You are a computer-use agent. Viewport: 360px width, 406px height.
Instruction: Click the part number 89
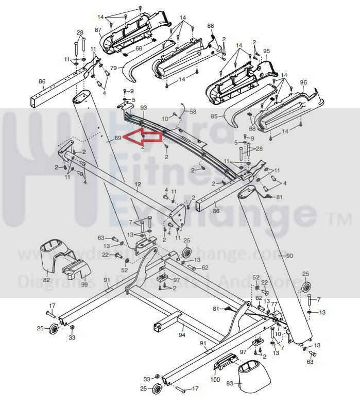pyautogui.click(x=117, y=138)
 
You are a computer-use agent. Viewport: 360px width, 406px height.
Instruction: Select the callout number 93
pyautogui.click(x=144, y=107)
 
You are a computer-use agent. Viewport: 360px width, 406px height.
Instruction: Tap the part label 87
pyautogui.click(x=98, y=30)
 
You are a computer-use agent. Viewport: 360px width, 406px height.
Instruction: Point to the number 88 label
pyautogui.click(x=210, y=25)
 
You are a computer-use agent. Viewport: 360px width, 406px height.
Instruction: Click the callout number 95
pyautogui.click(x=266, y=51)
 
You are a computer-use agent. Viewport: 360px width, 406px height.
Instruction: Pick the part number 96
pyautogui.click(x=303, y=82)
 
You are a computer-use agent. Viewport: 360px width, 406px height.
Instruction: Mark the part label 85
pyautogui.click(x=214, y=116)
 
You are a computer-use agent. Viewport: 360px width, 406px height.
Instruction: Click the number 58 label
pyautogui.click(x=193, y=111)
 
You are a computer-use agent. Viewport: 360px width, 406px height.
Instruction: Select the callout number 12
pyautogui.click(x=138, y=184)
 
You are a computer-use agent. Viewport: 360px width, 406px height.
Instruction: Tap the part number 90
pyautogui.click(x=289, y=256)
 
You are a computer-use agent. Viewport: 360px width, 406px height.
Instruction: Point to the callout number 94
pyautogui.click(x=181, y=334)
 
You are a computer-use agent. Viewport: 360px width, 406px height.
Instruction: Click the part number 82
pyautogui.click(x=46, y=279)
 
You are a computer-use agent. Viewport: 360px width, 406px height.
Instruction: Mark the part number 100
pyautogui.click(x=215, y=380)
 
